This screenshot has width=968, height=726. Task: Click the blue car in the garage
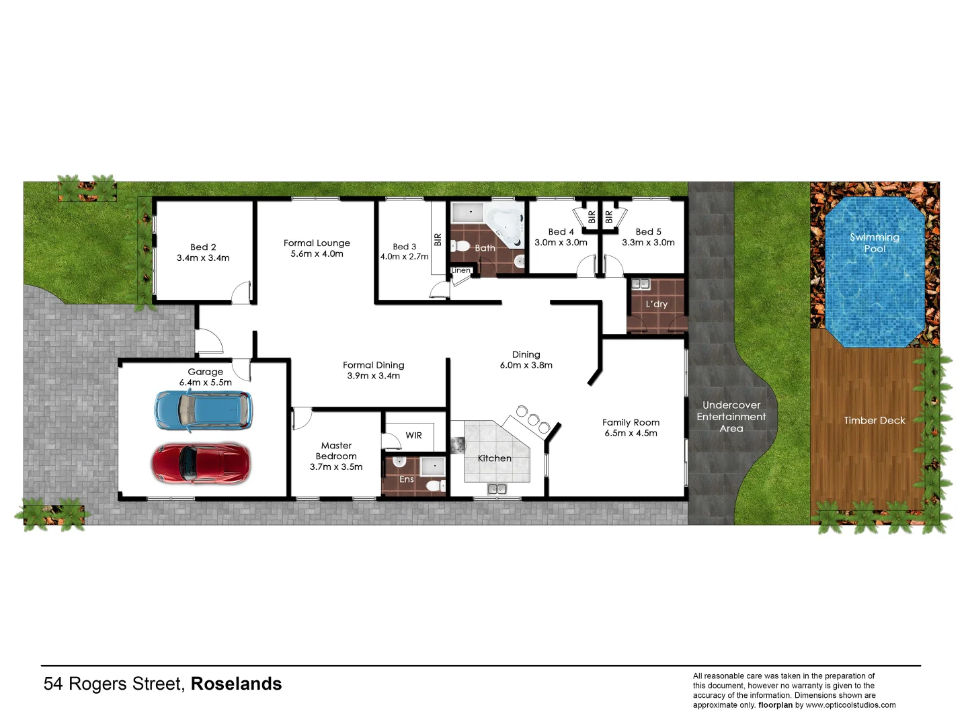pos(204,410)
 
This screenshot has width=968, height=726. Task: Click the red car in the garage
pos(201,462)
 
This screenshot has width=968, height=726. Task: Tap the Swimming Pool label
pos(874,243)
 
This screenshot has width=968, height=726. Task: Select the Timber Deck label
pos(874,421)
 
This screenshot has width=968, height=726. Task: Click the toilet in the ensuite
pos(435,485)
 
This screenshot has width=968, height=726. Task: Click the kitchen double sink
pos(497,489)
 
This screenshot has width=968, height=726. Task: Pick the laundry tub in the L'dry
pos(641,284)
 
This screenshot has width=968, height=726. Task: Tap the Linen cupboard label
pos(461,270)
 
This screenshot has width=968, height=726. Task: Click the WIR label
pos(413,436)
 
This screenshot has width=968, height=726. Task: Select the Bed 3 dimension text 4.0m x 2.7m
pos(404,257)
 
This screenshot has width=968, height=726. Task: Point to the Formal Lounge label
pos(317,243)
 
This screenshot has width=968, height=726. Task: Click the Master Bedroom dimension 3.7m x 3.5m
pos(336,467)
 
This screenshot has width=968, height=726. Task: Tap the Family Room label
pos(631,422)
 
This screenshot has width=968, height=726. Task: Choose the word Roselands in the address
pos(236,684)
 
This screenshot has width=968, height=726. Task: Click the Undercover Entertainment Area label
pos(731,417)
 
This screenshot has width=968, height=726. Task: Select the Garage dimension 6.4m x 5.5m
pos(205,382)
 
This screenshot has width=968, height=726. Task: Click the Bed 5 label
pos(648,232)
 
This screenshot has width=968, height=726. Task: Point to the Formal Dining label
pos(373,365)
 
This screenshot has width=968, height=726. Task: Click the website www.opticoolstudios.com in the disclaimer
pos(850,705)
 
